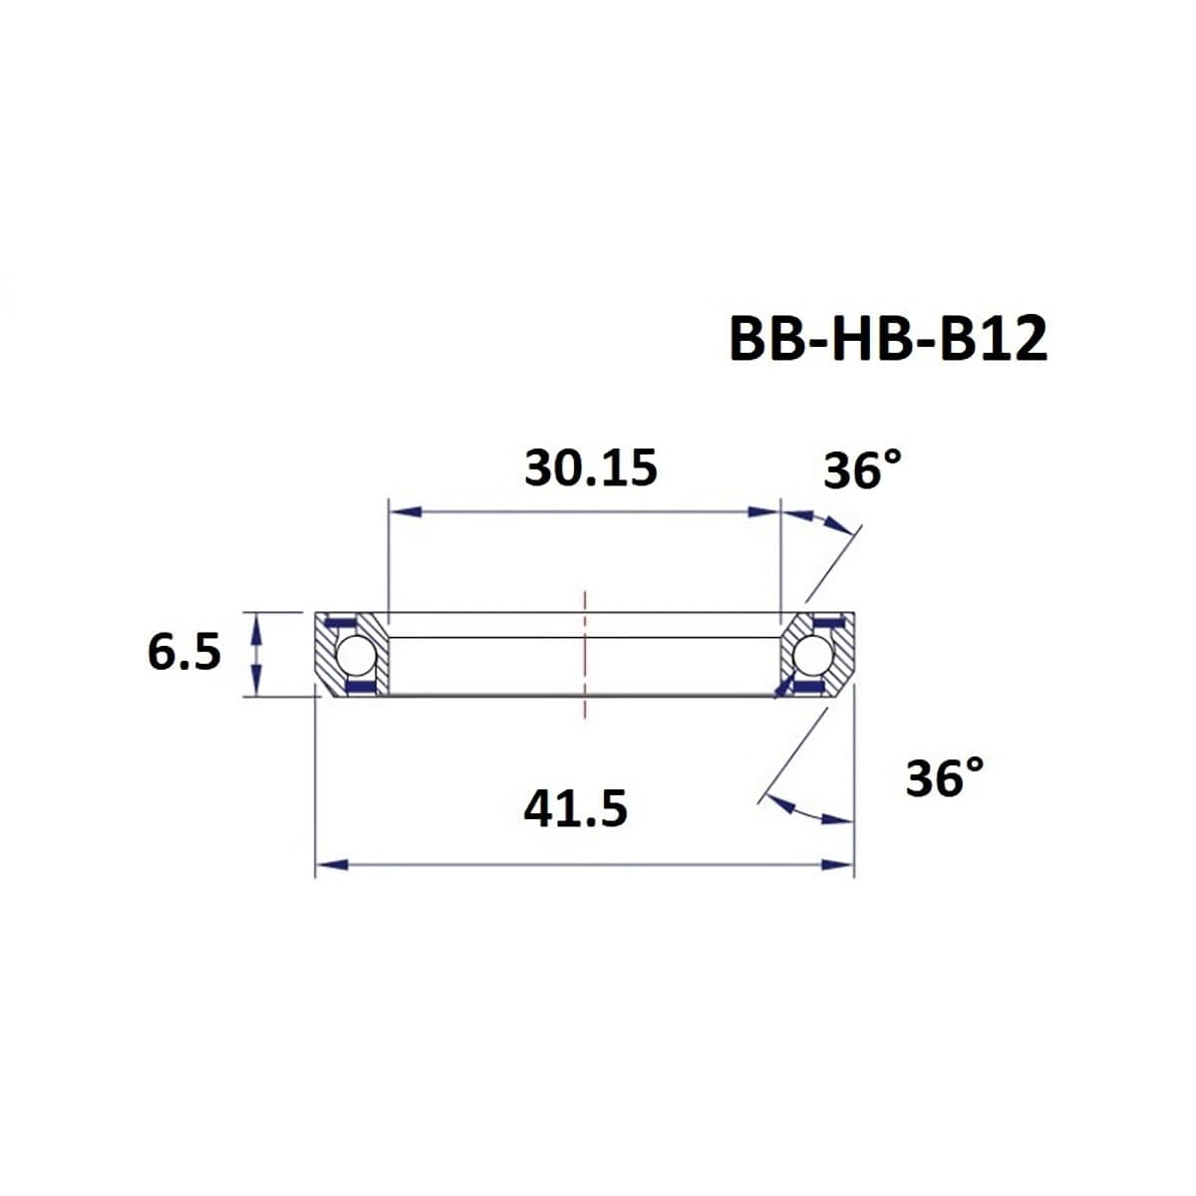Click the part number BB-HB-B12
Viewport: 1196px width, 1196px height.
888,340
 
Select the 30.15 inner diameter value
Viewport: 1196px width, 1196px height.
591,467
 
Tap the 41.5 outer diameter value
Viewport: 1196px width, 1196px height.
575,808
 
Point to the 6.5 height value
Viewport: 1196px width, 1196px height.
184,654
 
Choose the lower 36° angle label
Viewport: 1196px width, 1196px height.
944,777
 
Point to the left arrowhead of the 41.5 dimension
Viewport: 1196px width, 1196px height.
330,864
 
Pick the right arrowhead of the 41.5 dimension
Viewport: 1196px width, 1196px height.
839,864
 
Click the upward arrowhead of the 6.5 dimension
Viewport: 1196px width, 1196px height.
257,625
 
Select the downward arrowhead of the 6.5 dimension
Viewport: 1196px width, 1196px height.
257,686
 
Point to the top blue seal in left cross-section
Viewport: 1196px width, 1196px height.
342,625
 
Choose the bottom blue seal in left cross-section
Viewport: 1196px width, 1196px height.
358,688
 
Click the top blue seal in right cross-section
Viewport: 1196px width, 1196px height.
826,625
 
